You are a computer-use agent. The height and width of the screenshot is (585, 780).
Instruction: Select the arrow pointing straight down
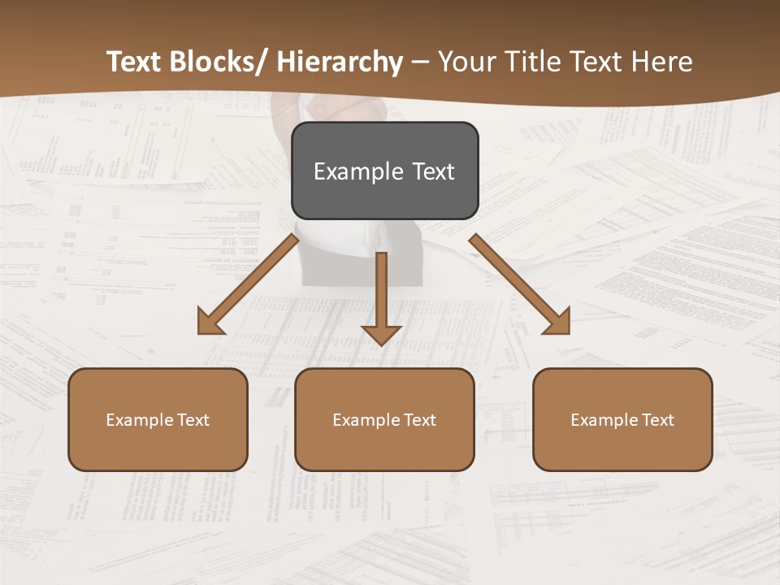point(381,297)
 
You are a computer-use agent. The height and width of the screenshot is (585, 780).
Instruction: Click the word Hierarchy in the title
point(339,63)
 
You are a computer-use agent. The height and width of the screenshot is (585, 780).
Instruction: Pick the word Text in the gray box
point(432,172)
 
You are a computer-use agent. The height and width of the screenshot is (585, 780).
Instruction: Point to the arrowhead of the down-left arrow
point(210,323)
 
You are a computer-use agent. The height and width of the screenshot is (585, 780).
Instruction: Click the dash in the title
point(420,63)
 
